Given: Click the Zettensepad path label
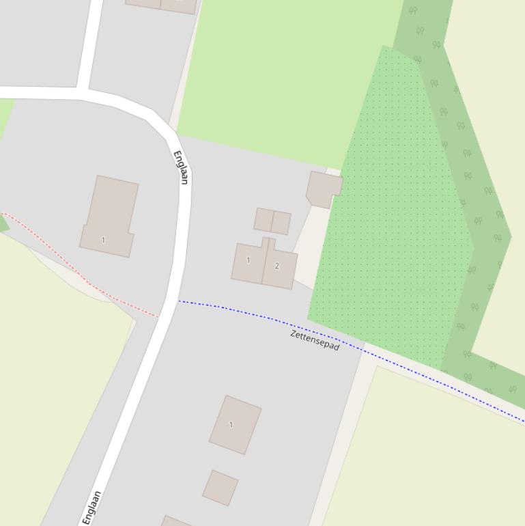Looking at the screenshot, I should pos(315,340).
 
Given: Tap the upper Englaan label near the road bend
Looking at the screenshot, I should pos(181,167).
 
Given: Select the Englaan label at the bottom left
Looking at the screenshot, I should pos(92,507).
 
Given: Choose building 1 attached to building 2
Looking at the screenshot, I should pos(249,262).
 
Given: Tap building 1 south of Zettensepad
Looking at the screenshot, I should pos(235,424).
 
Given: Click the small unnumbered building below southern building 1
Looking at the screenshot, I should pos(220,488).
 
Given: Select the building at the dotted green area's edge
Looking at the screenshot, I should pos(324,188).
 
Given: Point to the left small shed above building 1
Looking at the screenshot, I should pos(264,220).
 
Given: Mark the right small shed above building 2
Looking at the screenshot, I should pos(281,223).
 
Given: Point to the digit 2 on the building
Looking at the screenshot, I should pos(276,266).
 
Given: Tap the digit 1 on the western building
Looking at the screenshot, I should pos(103,240).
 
